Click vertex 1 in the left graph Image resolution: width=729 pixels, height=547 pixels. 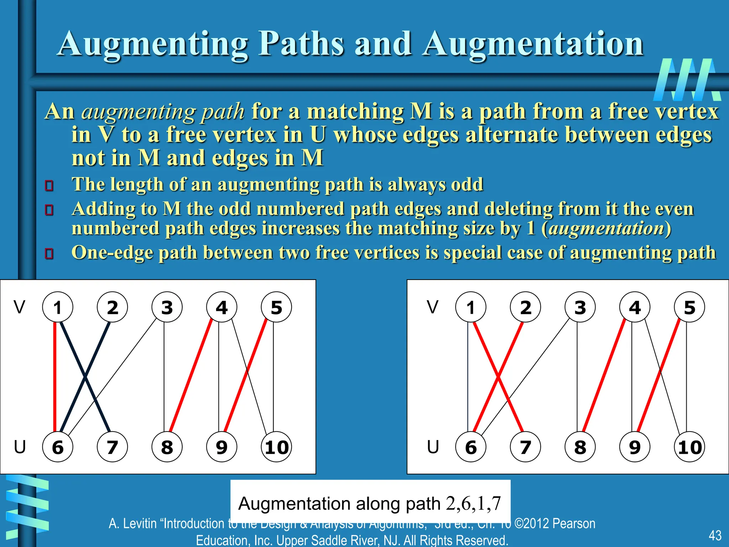click(x=58, y=307)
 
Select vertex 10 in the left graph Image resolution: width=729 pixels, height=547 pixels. click(x=276, y=447)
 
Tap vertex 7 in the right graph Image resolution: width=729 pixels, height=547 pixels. click(x=525, y=447)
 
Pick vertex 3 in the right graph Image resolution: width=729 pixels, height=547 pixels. click(x=580, y=307)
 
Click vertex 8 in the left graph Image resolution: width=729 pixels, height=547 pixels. click(x=167, y=447)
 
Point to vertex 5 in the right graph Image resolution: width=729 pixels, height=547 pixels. click(x=689, y=307)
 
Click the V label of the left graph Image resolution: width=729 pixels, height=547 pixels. click(x=20, y=307)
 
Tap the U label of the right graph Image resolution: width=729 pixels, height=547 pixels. click(x=433, y=447)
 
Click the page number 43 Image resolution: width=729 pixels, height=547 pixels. click(x=715, y=535)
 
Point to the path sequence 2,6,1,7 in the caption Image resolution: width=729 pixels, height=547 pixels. click(x=473, y=503)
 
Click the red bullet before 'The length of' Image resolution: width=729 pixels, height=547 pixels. click(x=49, y=186)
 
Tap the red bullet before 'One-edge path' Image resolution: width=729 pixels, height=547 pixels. click(x=49, y=254)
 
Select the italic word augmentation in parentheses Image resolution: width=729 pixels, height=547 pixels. click(x=606, y=228)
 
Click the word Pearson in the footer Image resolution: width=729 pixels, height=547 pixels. click(x=574, y=523)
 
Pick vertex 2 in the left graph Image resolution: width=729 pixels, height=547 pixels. click(x=112, y=307)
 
